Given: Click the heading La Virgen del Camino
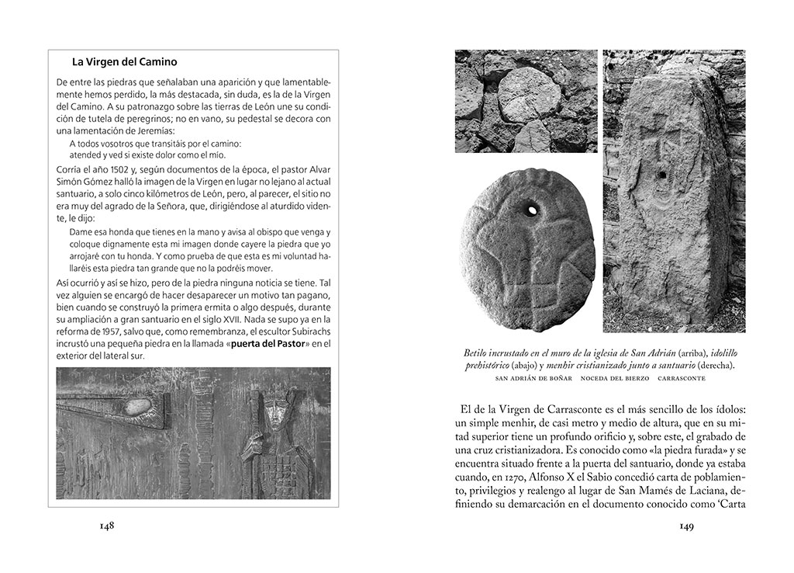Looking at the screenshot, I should coord(125,62).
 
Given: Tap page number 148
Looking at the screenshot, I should coord(107,526).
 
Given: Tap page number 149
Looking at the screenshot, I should coord(686,526).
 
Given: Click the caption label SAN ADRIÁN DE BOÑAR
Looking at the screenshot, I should coord(533,378).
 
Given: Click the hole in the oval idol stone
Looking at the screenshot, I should coord(531,209).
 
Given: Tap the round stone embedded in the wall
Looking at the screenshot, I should coord(530,95).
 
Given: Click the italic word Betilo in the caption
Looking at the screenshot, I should coord(478,352).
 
